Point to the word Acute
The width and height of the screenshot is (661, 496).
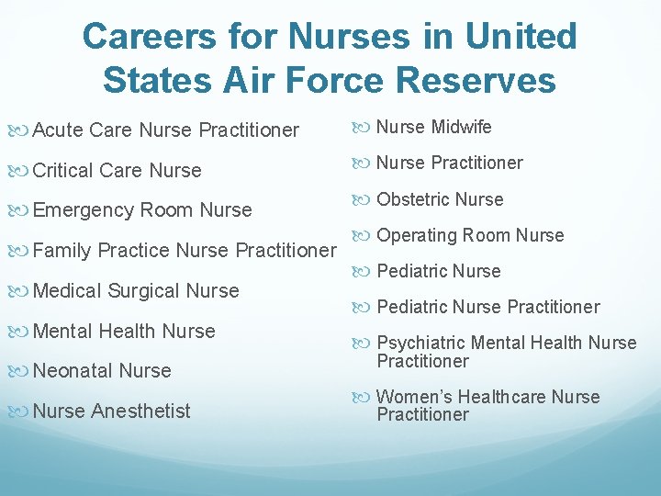tap(57, 130)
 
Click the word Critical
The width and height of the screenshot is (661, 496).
tap(63, 170)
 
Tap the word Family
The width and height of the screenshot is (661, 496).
tap(62, 250)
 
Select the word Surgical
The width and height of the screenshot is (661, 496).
tap(144, 290)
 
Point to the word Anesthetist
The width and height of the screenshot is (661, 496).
tap(140, 411)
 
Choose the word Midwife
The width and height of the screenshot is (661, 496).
tap(462, 127)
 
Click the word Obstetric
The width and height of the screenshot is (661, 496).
tap(413, 199)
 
